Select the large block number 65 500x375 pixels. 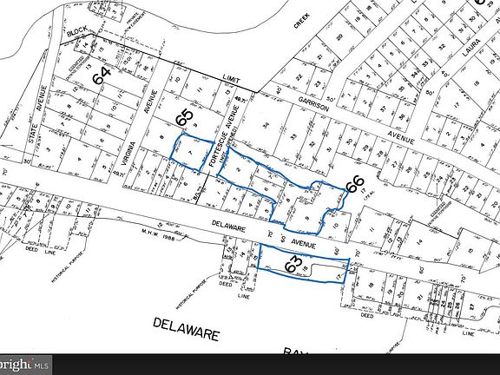coord(184,116)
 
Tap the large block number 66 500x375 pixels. coord(354,185)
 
